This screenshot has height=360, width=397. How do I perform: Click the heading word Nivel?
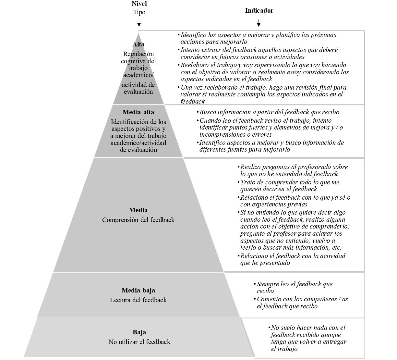pyautogui.click(x=139, y=4)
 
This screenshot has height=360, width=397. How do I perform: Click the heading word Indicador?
pyautogui.click(x=259, y=11)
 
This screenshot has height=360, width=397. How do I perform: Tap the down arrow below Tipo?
pyautogui.click(x=139, y=23)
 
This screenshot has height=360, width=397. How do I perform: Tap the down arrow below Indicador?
pyautogui.click(x=259, y=23)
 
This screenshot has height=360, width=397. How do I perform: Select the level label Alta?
pyautogui.click(x=138, y=44)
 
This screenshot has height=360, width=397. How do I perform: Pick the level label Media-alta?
pyautogui.click(x=138, y=112)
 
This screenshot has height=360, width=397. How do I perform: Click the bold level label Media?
pyautogui.click(x=138, y=210)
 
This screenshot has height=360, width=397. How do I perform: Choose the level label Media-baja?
pyautogui.click(x=138, y=291)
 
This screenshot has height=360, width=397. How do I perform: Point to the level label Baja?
pyautogui.click(x=139, y=332)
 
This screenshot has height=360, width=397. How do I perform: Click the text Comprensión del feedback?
pyautogui.click(x=138, y=220)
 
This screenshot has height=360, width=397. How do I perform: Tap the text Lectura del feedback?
pyautogui.click(x=138, y=300)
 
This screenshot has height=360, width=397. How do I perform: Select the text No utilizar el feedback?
pyautogui.click(x=139, y=342)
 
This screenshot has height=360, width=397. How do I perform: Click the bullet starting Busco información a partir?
pyautogui.click(x=269, y=112)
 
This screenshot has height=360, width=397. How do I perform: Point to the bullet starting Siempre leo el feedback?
pyautogui.click(x=294, y=288)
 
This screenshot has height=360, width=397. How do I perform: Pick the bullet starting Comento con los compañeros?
pyautogui.click(x=302, y=303)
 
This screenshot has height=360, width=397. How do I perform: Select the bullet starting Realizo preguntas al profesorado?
pyautogui.click(x=294, y=171)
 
